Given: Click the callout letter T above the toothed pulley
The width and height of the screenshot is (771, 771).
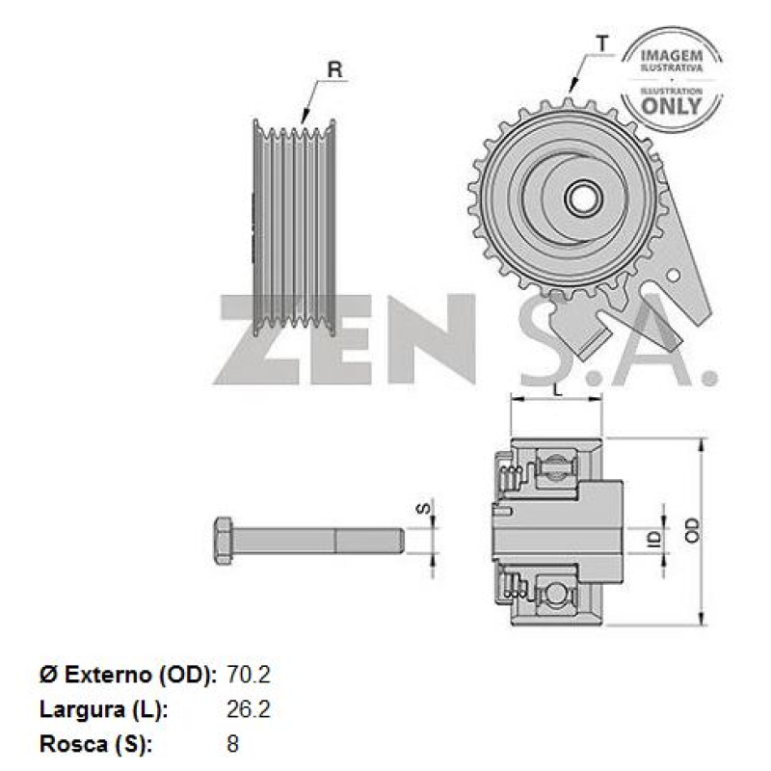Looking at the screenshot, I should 602,42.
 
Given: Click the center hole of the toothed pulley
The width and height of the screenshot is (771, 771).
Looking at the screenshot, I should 581,199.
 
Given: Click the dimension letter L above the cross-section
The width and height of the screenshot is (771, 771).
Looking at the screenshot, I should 557,388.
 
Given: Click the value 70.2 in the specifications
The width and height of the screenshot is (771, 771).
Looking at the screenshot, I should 248,675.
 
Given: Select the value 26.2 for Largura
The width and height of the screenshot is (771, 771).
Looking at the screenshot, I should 248,710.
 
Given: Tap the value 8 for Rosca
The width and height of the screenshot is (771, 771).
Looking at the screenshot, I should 232,745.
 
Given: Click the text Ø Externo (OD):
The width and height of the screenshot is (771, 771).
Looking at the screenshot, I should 127,675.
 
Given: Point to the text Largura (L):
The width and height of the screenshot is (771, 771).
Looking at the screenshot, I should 103,710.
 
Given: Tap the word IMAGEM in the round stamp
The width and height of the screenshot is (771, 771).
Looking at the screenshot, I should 672,55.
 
